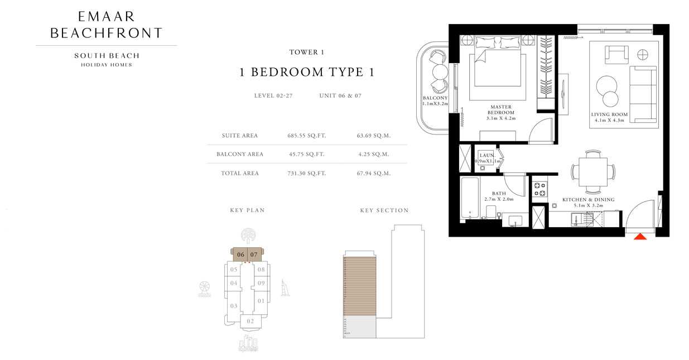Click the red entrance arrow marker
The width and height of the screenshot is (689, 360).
(x=640, y=236)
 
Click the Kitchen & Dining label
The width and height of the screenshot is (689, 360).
(x=588, y=202)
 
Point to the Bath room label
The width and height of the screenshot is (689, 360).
(x=499, y=196)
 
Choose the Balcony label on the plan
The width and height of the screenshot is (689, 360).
(x=435, y=100)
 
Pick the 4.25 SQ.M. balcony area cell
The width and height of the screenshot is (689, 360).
(x=373, y=154)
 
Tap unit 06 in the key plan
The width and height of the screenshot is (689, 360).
(x=240, y=255)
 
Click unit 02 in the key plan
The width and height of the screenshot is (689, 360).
(x=250, y=321)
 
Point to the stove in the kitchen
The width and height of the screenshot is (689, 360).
(x=539, y=188)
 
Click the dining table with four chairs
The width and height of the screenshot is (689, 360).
(x=592, y=170)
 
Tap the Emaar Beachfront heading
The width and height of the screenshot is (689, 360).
(x=106, y=25)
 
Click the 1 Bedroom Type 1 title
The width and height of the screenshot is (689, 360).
(x=306, y=72)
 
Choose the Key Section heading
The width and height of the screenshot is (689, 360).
(x=384, y=210)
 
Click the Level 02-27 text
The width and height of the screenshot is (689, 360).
(x=273, y=95)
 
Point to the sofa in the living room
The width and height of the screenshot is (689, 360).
(x=643, y=93)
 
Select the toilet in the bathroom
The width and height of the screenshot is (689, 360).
(x=490, y=213)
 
